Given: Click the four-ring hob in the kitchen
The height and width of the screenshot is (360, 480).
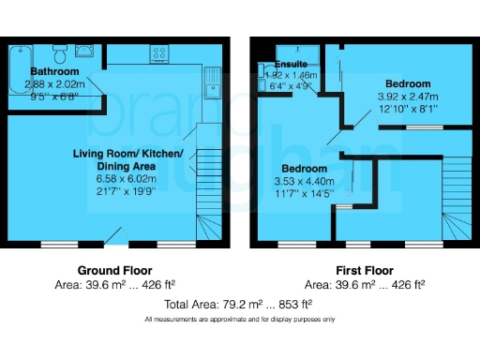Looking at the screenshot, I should click(x=157, y=53).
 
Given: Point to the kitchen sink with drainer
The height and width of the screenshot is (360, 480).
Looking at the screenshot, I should click(x=212, y=82).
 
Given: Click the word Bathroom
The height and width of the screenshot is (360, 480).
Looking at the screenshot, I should click(x=55, y=71).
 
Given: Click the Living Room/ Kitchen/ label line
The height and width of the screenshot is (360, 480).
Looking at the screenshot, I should click(x=135, y=153).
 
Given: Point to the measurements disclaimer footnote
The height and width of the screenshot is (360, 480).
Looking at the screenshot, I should click(x=239, y=320).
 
